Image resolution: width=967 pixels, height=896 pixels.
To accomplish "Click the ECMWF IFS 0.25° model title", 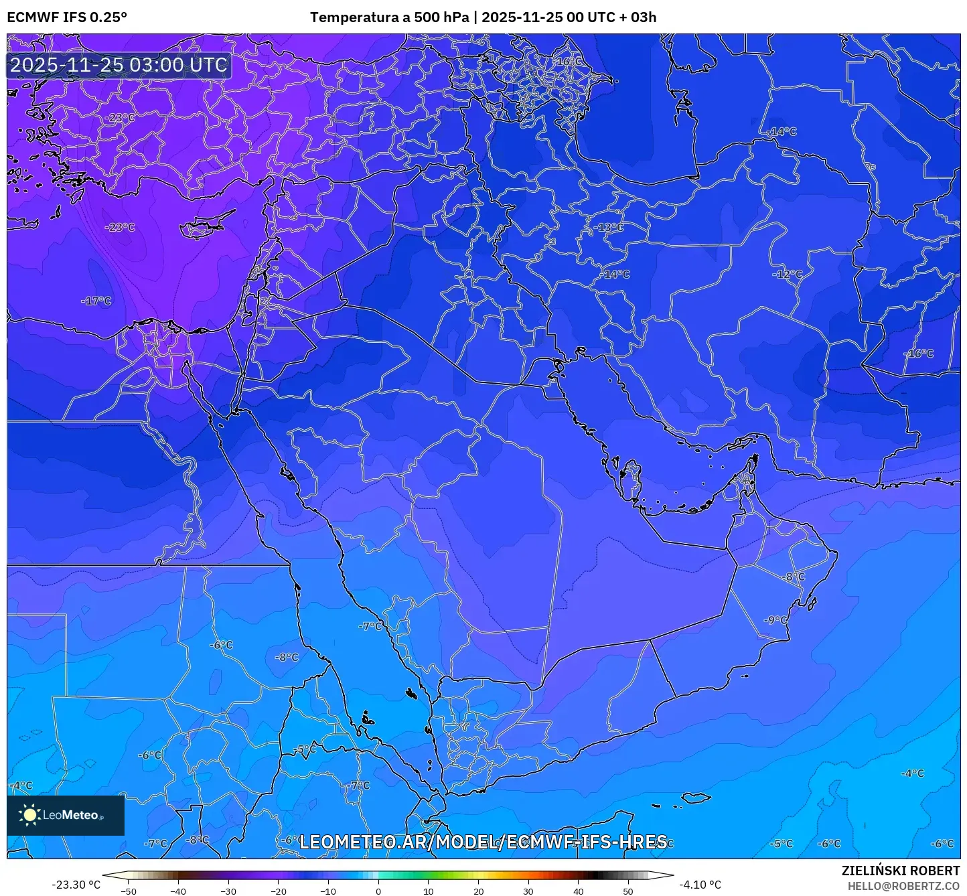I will pyautogui.click(x=67, y=17).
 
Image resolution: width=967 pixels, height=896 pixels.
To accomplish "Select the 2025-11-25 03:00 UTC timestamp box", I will pyautogui.click(x=119, y=65).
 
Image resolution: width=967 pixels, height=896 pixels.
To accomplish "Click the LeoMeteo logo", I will pyautogui.click(x=66, y=815).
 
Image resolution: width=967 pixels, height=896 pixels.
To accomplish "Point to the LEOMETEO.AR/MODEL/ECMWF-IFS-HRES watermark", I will pyautogui.click(x=483, y=842).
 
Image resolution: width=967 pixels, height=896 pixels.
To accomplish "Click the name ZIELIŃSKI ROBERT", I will pyautogui.click(x=900, y=871).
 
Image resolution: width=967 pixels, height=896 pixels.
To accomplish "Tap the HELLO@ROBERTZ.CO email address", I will pyautogui.click(x=903, y=885).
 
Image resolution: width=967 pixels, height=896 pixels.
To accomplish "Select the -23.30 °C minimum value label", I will pyautogui.click(x=76, y=885).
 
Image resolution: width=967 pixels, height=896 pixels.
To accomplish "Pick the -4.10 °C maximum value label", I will pyautogui.click(x=700, y=885).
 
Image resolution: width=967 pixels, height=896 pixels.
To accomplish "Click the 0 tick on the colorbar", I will pyautogui.click(x=378, y=891).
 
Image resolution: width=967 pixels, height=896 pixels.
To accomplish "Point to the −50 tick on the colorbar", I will pyautogui.click(x=128, y=891).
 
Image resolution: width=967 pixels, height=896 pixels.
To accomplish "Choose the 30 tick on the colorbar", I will pyautogui.click(x=528, y=891).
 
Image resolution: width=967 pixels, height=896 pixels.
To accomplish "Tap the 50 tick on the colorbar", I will pyautogui.click(x=628, y=891).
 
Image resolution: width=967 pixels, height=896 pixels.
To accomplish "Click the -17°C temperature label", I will pyautogui.click(x=96, y=301).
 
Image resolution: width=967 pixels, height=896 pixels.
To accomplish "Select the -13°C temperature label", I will pyautogui.click(x=608, y=227).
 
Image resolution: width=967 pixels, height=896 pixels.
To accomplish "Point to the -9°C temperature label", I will pyautogui.click(x=775, y=620).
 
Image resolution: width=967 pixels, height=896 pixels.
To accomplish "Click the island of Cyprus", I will pyautogui.click(x=204, y=228).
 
